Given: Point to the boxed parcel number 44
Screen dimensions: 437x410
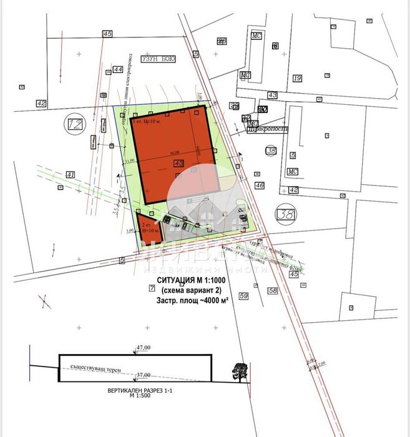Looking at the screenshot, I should coord(118,69).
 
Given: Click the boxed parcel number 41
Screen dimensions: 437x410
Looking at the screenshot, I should coord(71,174).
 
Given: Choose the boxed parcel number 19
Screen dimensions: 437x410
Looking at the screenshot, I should coord(297,78).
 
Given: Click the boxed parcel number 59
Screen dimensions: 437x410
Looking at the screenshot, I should coord(243,295).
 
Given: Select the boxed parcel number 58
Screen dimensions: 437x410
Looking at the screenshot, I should coord(272,290).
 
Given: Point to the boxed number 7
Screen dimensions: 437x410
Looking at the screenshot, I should coord(152,288).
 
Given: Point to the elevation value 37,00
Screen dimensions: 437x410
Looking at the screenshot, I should coord(144,375).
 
